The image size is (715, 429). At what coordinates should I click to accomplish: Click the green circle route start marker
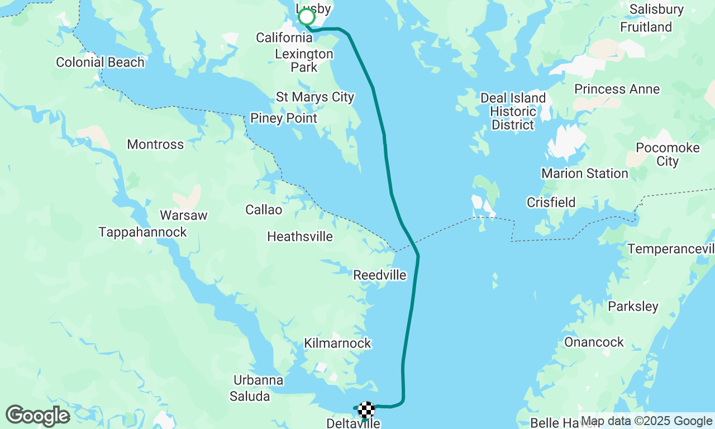point(307,17)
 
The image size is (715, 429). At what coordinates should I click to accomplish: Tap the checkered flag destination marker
point(366,410)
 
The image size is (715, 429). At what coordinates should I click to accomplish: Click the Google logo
point(38,416)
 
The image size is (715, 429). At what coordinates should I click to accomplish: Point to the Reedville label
point(380,275)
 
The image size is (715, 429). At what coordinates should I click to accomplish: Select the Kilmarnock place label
point(337,343)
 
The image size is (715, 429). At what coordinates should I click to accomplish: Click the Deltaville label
point(353,423)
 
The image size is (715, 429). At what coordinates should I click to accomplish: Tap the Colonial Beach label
point(100,62)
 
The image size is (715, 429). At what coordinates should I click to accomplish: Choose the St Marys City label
point(315,97)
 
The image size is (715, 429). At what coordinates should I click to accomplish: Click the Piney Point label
point(283,118)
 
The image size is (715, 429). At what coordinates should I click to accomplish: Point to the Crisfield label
point(551,202)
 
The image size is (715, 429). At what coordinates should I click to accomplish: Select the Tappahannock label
point(142,232)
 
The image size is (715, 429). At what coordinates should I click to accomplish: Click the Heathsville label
point(300,236)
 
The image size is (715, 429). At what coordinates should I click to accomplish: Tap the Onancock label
point(594,342)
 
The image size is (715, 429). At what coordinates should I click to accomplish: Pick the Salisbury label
point(656,9)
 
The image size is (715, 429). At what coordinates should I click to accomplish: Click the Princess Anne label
point(617,89)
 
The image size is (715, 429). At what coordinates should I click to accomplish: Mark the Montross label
point(155,144)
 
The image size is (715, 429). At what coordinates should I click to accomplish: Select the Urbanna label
point(258,380)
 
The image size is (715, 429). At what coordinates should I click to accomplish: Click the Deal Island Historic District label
point(513,111)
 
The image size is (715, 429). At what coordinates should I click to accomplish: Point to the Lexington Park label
point(304,60)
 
